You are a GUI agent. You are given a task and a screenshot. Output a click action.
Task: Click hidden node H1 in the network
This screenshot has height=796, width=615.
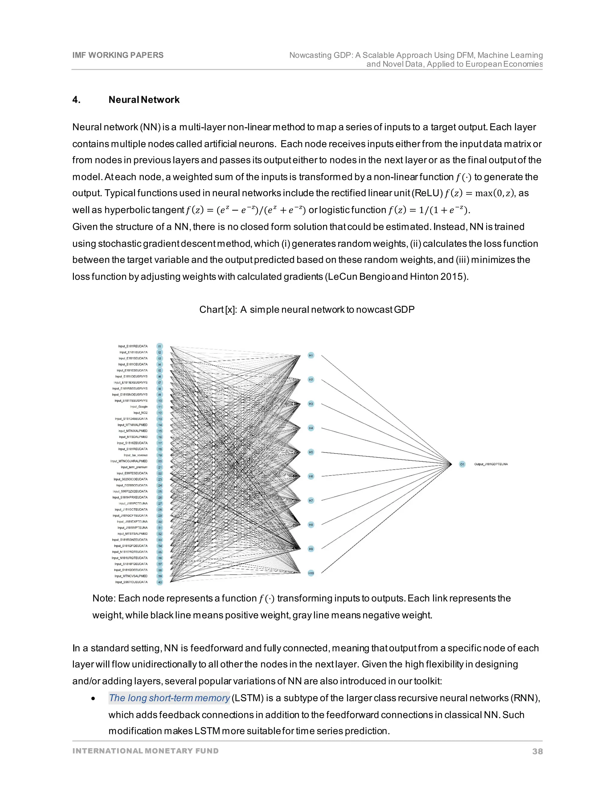311,355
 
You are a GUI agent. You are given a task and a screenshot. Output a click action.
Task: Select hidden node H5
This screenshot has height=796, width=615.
311,452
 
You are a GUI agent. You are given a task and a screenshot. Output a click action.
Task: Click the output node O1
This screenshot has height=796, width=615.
462,464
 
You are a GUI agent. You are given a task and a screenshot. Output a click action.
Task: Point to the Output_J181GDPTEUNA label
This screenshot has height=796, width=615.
491,464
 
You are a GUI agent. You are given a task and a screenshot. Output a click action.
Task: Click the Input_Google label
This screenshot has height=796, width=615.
139,407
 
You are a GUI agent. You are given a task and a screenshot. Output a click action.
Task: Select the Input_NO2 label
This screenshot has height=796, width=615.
140,413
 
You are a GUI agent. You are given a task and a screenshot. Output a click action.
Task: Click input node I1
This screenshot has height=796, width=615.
159,346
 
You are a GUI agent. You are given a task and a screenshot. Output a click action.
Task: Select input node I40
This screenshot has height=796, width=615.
159,582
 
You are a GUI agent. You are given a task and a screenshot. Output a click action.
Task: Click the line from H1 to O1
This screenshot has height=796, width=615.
386,410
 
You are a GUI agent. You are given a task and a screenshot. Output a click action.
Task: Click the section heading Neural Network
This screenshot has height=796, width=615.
144,100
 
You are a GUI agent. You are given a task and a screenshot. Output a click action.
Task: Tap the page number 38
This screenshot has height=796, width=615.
538,752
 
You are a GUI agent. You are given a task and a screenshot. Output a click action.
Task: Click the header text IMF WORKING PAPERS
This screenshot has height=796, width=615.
118,55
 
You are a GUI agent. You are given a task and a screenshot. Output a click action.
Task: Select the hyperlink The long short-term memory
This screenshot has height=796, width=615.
169,698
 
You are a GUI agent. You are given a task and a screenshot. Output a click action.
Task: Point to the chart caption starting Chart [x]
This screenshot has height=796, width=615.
307,310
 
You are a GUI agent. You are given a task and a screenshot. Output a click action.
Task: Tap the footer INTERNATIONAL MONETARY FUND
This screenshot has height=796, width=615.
145,751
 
